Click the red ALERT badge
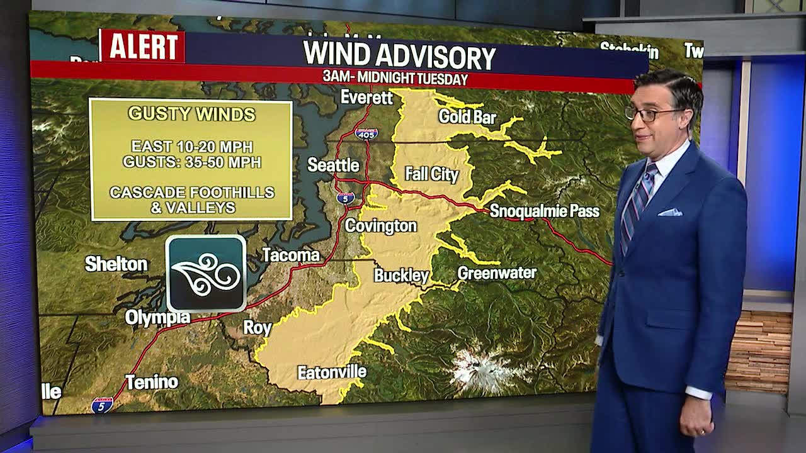(x=142, y=46)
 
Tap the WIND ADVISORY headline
(x=399, y=55)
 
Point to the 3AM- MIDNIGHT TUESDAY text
(x=395, y=79)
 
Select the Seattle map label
(x=333, y=165)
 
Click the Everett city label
(x=366, y=98)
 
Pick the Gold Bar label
(x=467, y=116)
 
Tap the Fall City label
(x=431, y=174)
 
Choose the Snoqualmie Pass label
(x=544, y=211)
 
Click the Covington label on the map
(x=381, y=226)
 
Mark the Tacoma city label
(x=291, y=255)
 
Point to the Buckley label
(x=401, y=275)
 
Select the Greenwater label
(x=497, y=272)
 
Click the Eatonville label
(x=332, y=372)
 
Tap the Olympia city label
(x=157, y=318)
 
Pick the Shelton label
(x=116, y=264)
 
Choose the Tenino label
(x=151, y=382)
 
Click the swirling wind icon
(x=206, y=273)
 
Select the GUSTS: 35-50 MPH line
(x=192, y=162)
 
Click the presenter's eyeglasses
(x=652, y=114)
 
